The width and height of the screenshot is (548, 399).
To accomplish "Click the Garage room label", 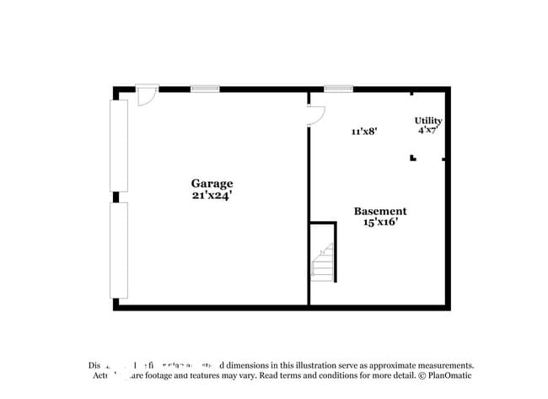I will pos(212,183).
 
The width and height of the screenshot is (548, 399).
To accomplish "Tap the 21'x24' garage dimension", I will pos(212,195).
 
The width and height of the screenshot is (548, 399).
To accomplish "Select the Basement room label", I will pos(379,211).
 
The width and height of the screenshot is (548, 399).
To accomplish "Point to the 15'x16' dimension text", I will pos(379,223).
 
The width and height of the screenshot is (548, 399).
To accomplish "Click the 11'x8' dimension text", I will pos(363,131).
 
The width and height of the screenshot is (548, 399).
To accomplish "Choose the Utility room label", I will pos(428,121).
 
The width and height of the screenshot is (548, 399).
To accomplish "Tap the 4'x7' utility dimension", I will pos(428,131).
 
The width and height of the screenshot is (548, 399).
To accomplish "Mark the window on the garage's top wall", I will pos(205,88).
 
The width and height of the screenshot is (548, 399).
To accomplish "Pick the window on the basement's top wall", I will pos(338,88).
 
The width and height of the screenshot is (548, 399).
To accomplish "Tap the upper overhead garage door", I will pos(119,145).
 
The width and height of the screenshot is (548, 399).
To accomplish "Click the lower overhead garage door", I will pos(119,250).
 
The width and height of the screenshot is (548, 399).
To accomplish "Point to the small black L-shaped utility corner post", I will pos(413,157).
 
